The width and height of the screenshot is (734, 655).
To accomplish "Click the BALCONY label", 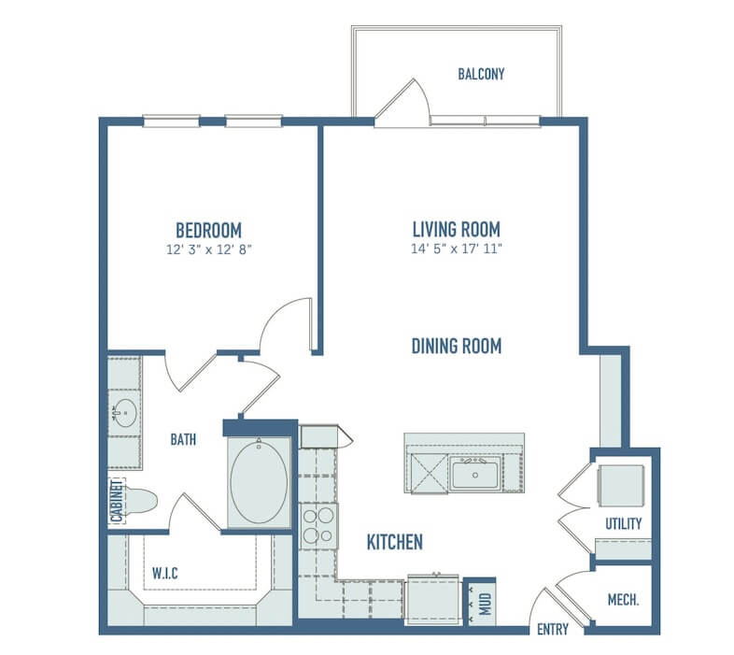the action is point(481,74).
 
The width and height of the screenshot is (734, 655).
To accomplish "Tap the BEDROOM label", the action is point(209,231).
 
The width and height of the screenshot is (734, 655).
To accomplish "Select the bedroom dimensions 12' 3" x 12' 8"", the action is point(209,249).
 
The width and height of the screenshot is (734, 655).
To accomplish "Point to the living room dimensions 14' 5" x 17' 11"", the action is point(457,249).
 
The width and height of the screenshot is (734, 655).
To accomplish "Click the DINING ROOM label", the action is point(457,347).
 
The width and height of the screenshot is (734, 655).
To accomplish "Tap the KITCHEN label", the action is point(395,542).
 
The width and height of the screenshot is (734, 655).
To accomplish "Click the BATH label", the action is point(183,439).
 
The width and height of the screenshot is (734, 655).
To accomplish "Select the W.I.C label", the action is point(164,573).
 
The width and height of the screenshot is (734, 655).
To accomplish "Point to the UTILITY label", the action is point(623,523).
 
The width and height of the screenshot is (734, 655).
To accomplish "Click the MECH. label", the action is point(623,600).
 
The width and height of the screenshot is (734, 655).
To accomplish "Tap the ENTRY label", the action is point(553,629).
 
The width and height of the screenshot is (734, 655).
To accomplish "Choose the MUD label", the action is point(486,604).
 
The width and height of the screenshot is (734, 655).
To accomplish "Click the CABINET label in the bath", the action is point(117,501).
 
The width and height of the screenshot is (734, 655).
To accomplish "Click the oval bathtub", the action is point(259,483).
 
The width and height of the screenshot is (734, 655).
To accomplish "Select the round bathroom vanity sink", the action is point(125,413).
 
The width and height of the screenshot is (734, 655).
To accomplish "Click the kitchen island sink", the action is point(475,474).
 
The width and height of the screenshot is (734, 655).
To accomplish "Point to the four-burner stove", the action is point(318,526).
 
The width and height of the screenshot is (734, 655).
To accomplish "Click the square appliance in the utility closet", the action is point(621,486).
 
